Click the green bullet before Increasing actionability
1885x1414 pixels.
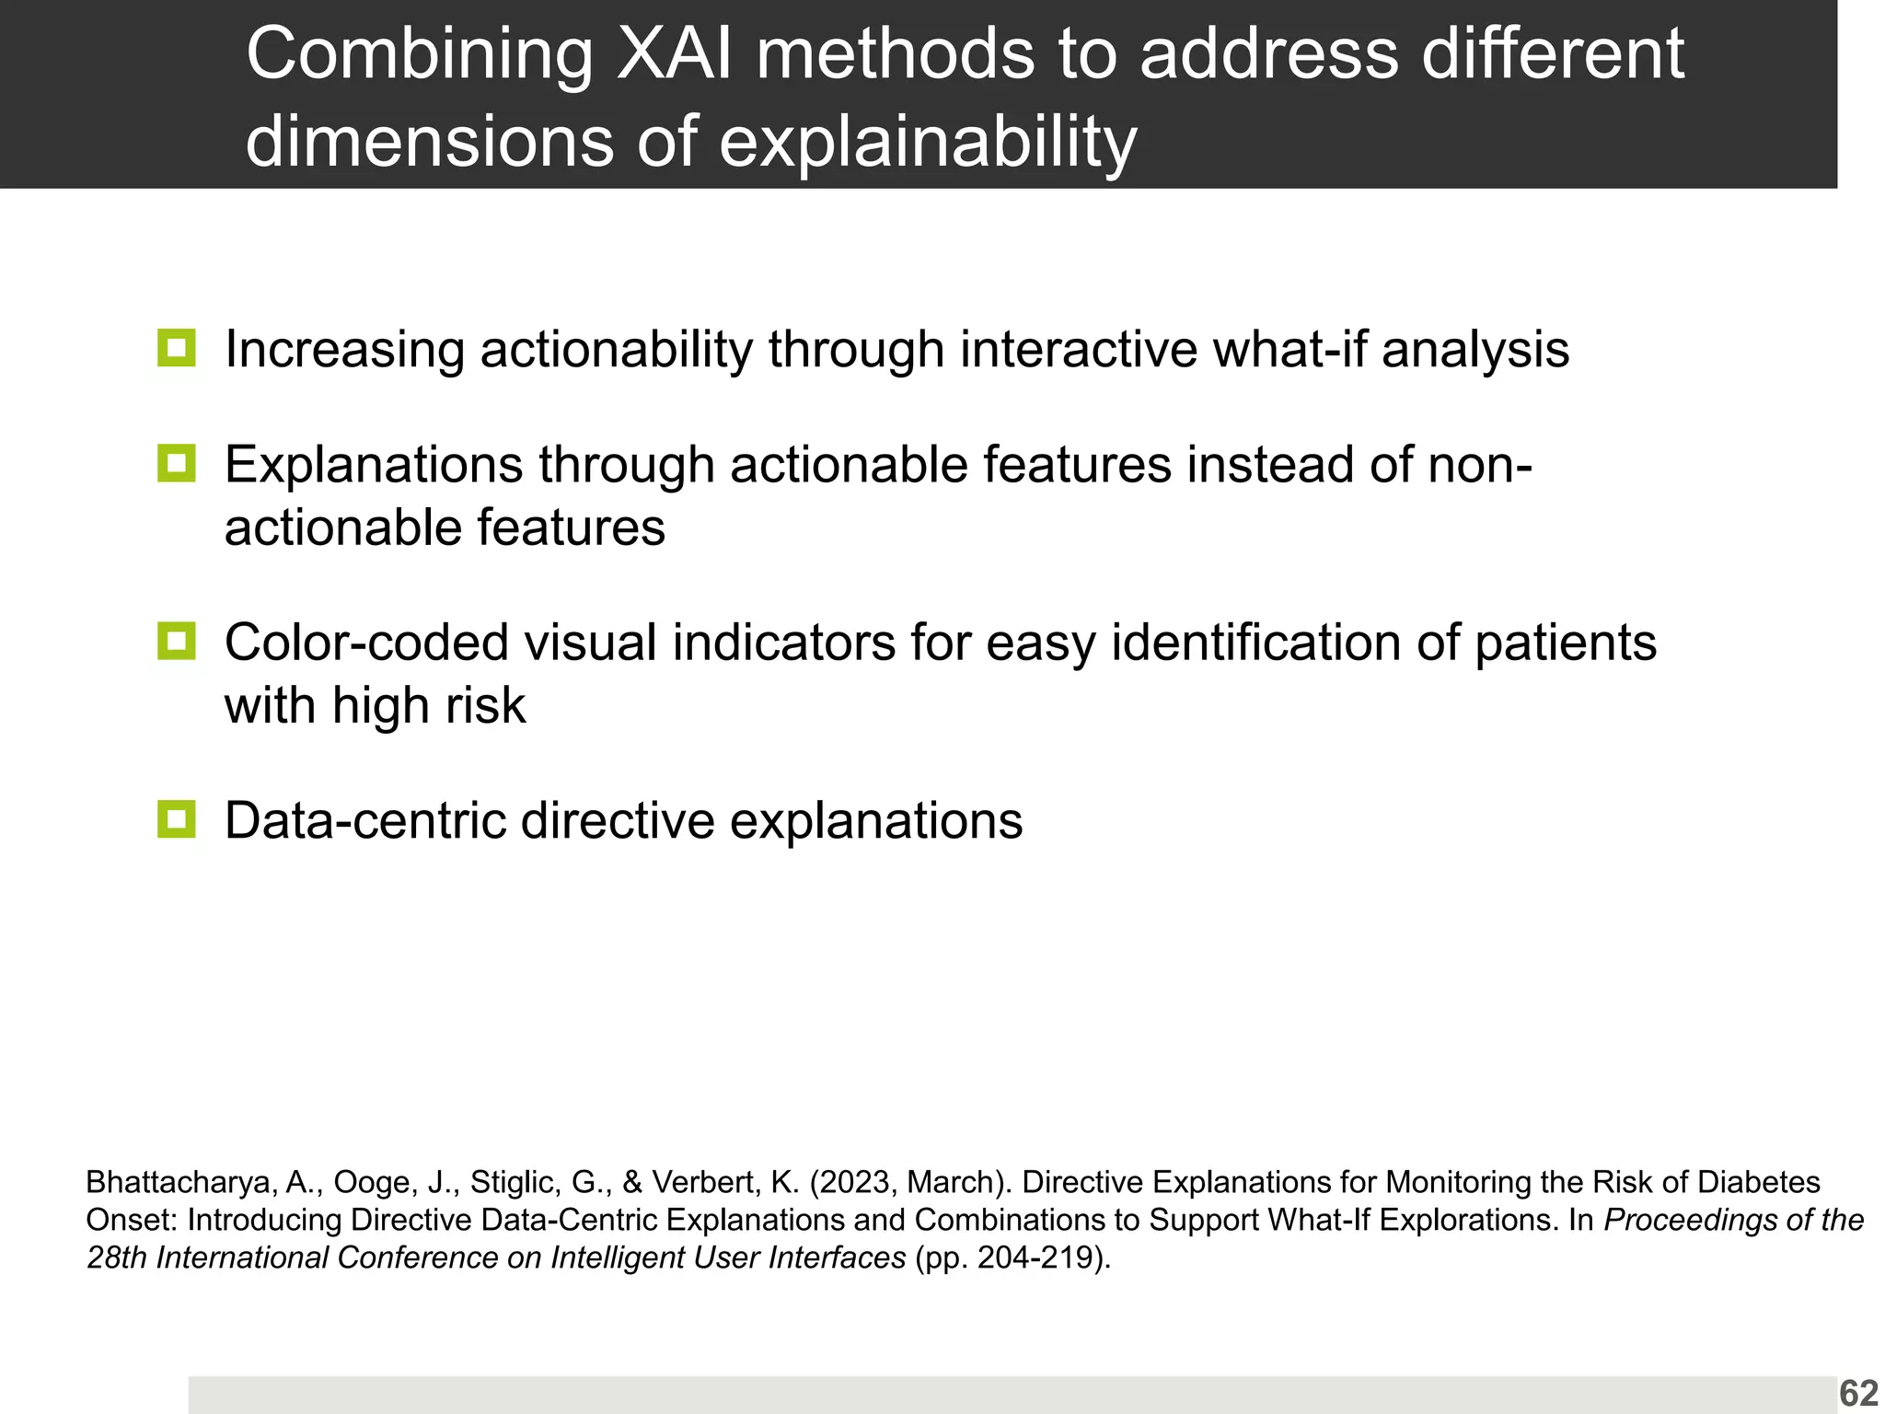(176, 348)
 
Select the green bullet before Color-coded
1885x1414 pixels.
(176, 641)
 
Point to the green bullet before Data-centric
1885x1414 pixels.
(176, 818)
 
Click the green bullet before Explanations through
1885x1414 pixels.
(176, 463)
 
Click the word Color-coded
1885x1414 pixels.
(365, 643)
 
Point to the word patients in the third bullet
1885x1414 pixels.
(1565, 643)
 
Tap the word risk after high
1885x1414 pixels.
(485, 706)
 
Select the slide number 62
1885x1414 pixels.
(1857, 1394)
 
